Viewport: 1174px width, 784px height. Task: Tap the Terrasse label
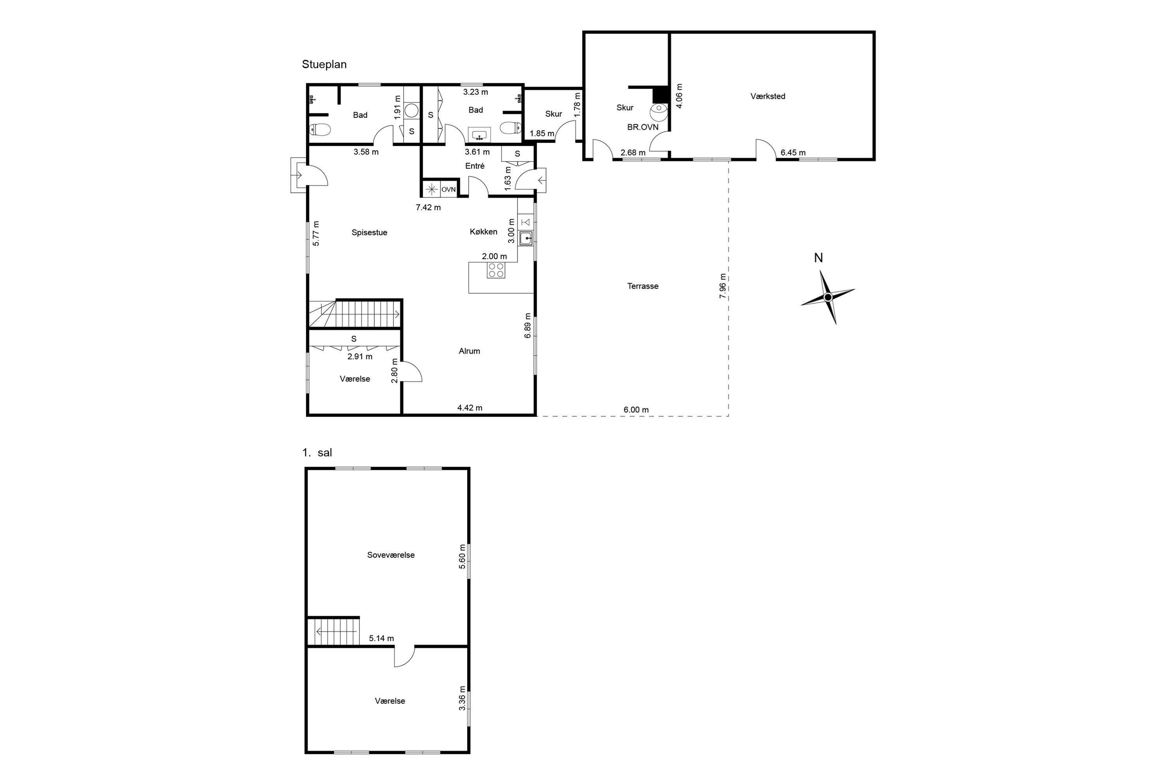643,286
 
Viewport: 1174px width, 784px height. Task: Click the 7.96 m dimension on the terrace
722,286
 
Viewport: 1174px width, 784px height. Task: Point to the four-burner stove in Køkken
496,270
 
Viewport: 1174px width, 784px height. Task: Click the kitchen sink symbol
526,239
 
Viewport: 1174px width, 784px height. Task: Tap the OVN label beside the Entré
448,189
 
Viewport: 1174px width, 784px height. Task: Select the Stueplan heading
324,65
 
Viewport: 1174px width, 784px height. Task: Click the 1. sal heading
317,453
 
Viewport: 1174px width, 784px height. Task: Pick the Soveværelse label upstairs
391,555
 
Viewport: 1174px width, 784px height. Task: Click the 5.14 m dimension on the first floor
381,638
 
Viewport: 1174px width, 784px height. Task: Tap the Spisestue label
369,232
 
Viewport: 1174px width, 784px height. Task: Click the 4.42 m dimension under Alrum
470,408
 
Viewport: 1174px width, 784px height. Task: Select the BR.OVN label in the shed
643,127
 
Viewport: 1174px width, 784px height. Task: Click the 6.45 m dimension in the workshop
792,153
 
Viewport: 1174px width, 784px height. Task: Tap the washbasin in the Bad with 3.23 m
479,135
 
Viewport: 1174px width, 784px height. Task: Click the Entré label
475,166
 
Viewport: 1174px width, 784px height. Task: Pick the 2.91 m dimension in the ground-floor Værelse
360,356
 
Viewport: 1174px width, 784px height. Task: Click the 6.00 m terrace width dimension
636,410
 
